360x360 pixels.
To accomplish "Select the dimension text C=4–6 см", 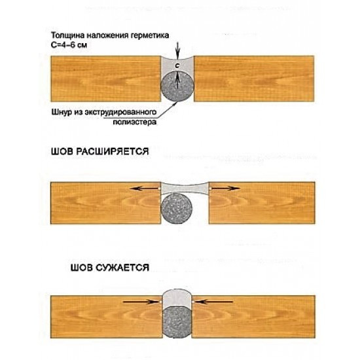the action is click(x=69, y=45).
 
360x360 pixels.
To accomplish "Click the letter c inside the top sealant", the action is click(x=177, y=66).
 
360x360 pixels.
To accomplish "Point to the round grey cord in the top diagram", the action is click(x=177, y=86).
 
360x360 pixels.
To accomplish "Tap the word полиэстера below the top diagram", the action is click(x=135, y=122).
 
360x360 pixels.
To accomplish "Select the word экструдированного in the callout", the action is click(x=121, y=113).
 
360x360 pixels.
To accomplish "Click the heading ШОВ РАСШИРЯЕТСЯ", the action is click(x=100, y=152).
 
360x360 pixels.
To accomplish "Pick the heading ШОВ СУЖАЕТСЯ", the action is click(x=110, y=268).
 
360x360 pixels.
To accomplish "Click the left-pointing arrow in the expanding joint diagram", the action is click(x=145, y=189).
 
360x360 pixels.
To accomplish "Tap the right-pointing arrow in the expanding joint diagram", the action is click(x=225, y=189).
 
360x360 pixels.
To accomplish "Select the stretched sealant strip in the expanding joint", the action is click(x=185, y=189).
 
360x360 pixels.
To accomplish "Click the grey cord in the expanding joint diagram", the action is click(x=177, y=208).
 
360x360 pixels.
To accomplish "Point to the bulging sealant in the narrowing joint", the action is click(x=177, y=298).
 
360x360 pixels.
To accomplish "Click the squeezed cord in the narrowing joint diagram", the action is click(x=177, y=322).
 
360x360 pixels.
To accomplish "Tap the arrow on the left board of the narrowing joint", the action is click(x=141, y=302).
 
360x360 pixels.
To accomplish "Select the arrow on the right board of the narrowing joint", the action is click(x=214, y=302).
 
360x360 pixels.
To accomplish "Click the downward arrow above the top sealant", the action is click(x=177, y=50).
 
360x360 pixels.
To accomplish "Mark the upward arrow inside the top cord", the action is click(x=177, y=81).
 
